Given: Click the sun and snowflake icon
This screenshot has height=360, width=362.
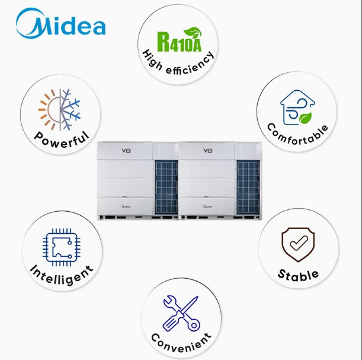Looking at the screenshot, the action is (59, 109).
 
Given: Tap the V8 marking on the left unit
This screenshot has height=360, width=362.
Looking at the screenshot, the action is (124, 151).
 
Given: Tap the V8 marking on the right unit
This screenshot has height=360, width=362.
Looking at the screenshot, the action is (207, 151).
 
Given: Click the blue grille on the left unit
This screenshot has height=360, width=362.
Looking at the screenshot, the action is (166, 186).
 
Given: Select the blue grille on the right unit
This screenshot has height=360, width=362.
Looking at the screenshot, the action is (248, 186).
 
